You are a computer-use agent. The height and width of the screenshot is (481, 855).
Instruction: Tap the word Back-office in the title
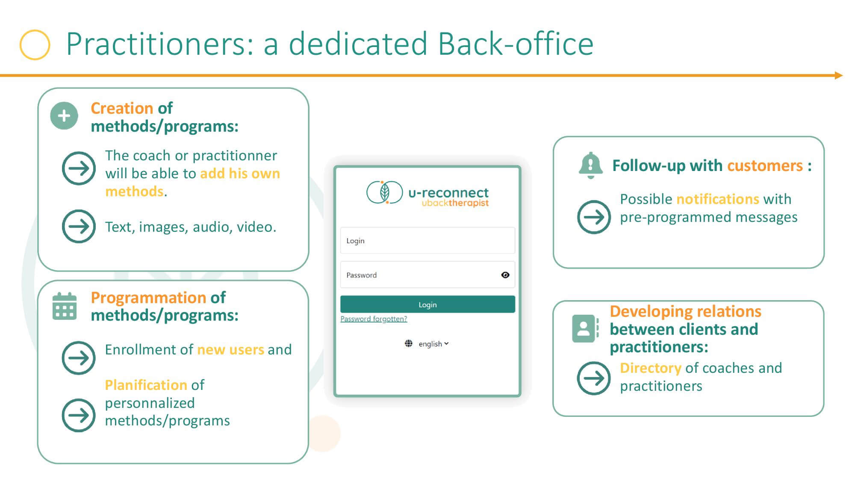pos(516,44)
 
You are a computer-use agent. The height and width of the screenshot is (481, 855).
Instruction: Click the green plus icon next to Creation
pos(64,115)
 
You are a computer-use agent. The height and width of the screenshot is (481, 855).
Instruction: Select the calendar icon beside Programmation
pos(65,306)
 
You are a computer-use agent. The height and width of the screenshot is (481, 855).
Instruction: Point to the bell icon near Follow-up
pos(590,165)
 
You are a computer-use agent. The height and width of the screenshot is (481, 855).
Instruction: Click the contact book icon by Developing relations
pos(585,328)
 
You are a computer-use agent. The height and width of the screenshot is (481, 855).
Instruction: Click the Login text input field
pos(427,240)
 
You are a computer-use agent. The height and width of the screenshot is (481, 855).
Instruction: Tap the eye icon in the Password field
pos(505,275)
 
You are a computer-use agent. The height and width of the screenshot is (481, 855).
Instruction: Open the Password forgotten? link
pos(374,319)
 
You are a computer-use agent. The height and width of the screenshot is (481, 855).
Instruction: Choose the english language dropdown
pos(433,344)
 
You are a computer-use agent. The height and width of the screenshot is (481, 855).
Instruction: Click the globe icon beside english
pos(409,343)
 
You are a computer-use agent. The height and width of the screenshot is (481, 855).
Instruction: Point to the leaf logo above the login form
pos(384,192)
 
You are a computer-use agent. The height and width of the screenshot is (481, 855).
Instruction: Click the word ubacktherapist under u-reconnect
pos(455,203)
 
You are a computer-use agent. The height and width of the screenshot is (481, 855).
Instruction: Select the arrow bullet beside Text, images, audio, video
pos(79,226)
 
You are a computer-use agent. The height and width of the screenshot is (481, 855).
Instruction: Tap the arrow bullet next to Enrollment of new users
pos(79,358)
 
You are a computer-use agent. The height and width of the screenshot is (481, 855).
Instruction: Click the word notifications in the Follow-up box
pos(718,199)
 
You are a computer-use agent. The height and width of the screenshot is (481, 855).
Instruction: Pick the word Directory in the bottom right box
pos(651,368)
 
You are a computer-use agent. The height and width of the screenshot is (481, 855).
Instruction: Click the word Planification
pos(146,385)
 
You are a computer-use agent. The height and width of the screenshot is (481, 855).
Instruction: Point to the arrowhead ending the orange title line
pos(839,76)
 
